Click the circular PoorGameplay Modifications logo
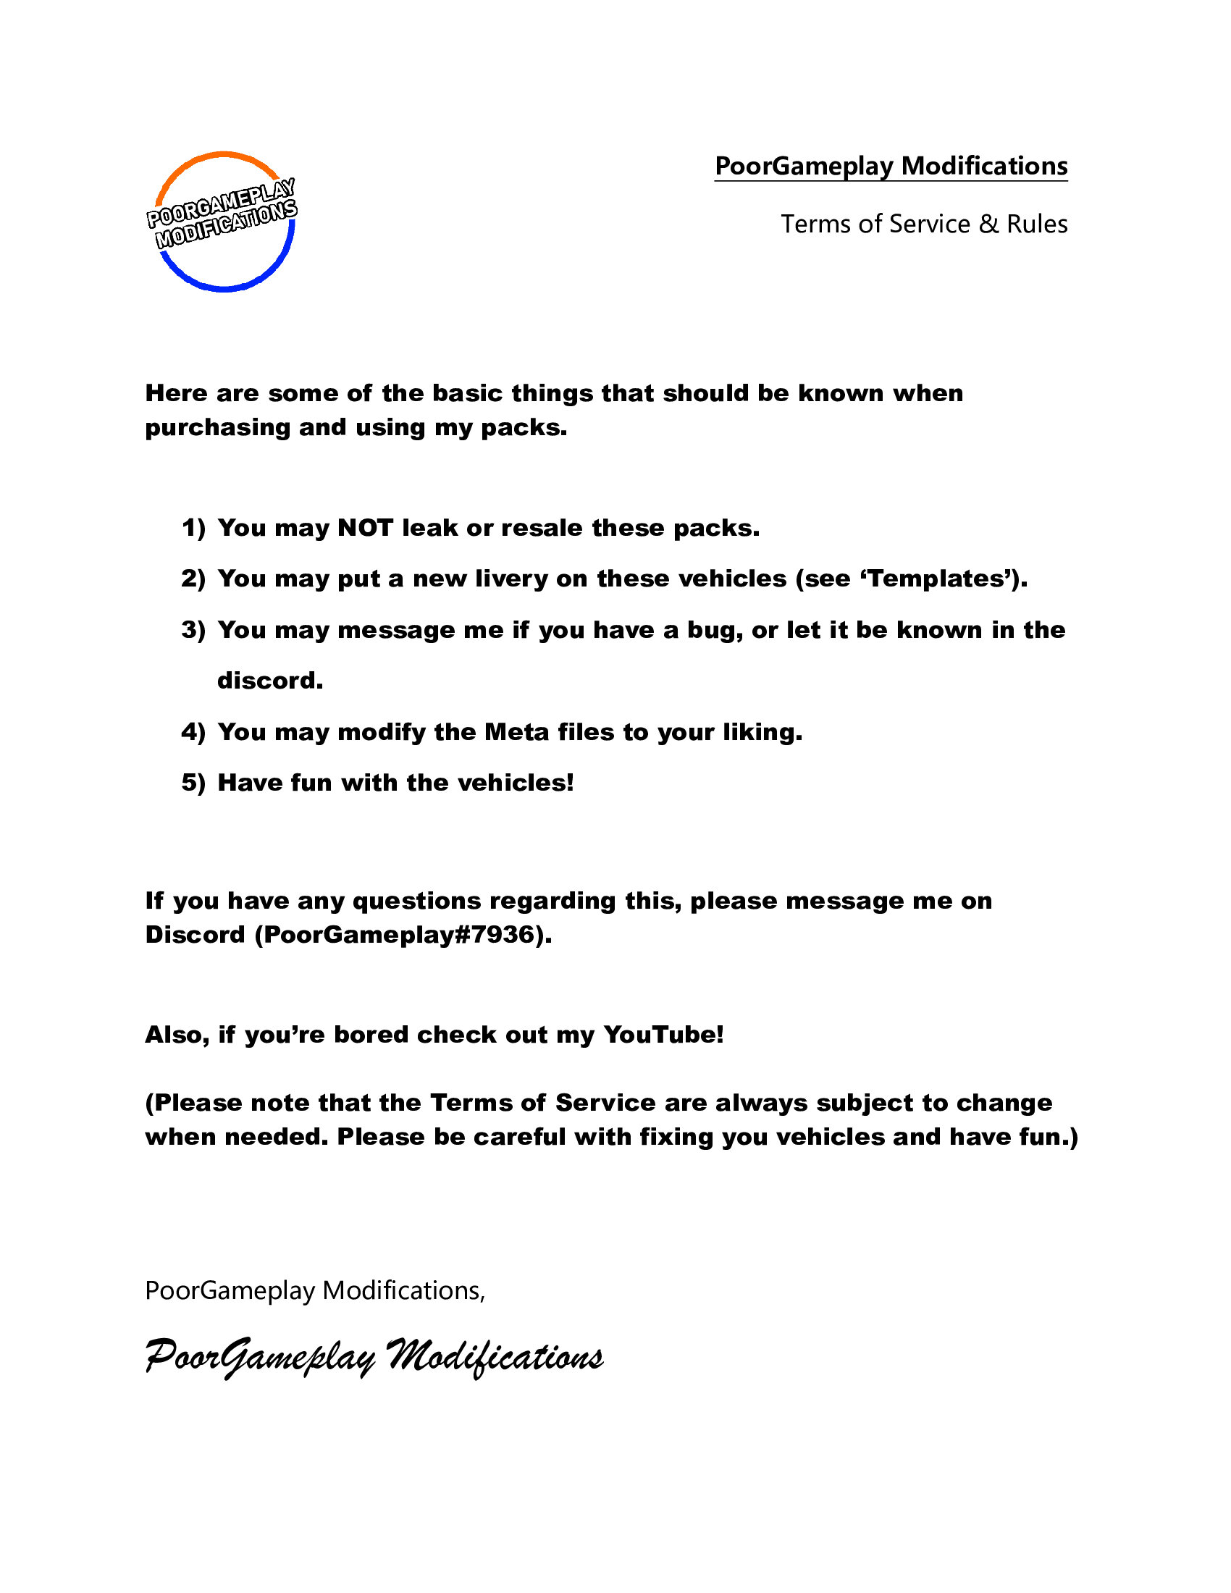pos(224,221)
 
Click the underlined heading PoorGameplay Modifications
pos(891,167)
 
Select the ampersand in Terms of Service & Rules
pos(988,224)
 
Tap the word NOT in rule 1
pos(366,528)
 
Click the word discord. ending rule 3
pos(270,681)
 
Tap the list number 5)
pos(193,783)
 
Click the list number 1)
pos(193,528)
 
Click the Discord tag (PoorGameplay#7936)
pos(403,935)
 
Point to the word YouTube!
pos(663,1035)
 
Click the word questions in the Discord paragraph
pos(416,901)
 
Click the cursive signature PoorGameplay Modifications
pos(374,1358)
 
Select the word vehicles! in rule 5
pos(516,783)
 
